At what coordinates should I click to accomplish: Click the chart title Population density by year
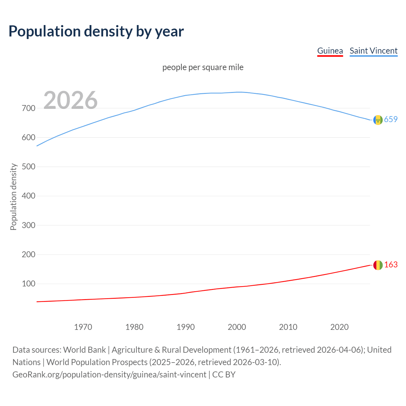[x=96, y=31]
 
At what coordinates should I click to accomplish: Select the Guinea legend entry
[x=330, y=51]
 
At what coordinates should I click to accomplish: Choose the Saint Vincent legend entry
[x=373, y=51]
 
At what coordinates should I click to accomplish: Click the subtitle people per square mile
[x=203, y=67]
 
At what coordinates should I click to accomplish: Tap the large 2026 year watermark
[x=70, y=100]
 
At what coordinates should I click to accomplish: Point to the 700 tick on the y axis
[x=29, y=108]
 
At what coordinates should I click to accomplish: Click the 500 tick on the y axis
[x=29, y=167]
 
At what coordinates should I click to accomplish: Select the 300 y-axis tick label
[x=29, y=225]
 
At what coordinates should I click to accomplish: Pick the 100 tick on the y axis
[x=29, y=284]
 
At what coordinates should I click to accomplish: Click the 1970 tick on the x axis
[x=83, y=327]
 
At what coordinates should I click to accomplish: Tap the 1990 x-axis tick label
[x=186, y=327]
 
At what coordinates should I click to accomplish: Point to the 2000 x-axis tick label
[x=237, y=327]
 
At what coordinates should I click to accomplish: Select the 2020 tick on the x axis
[x=339, y=327]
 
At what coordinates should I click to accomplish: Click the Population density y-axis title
[x=13, y=197]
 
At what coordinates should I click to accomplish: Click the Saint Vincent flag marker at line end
[x=378, y=120]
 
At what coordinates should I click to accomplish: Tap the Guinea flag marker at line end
[x=378, y=265]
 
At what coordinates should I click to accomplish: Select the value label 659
[x=391, y=119]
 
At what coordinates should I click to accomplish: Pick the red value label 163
[x=391, y=265]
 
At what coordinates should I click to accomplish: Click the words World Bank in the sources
[x=84, y=350]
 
